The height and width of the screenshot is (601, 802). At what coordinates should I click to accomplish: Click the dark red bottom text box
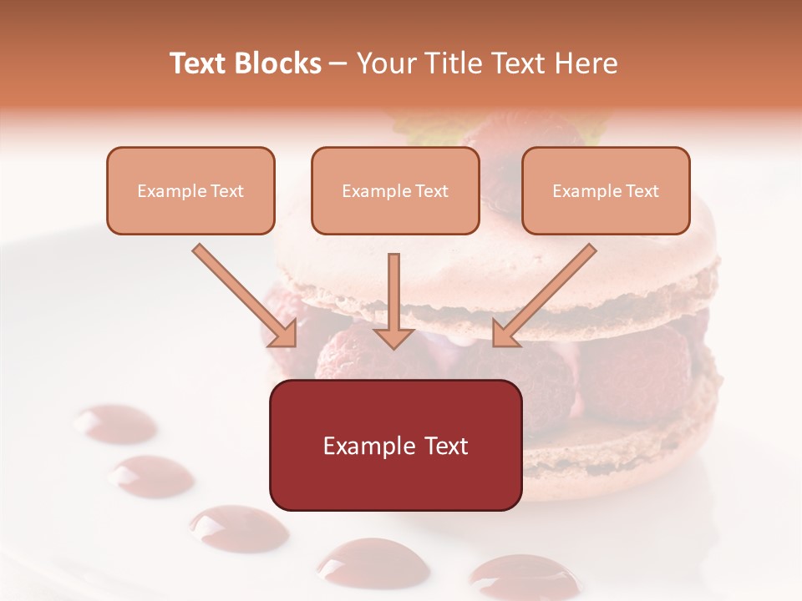(x=395, y=484)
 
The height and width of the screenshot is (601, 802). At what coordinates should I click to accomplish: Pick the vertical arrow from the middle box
(x=393, y=300)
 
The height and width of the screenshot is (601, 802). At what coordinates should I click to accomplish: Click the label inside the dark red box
(x=395, y=446)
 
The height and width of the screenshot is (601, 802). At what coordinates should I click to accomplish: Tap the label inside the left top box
(x=190, y=191)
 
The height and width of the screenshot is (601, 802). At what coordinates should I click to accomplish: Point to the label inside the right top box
(x=606, y=191)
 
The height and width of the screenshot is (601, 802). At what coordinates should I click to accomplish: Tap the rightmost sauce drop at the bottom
(x=523, y=576)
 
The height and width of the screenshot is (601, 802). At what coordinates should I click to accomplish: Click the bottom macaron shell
(x=618, y=447)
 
